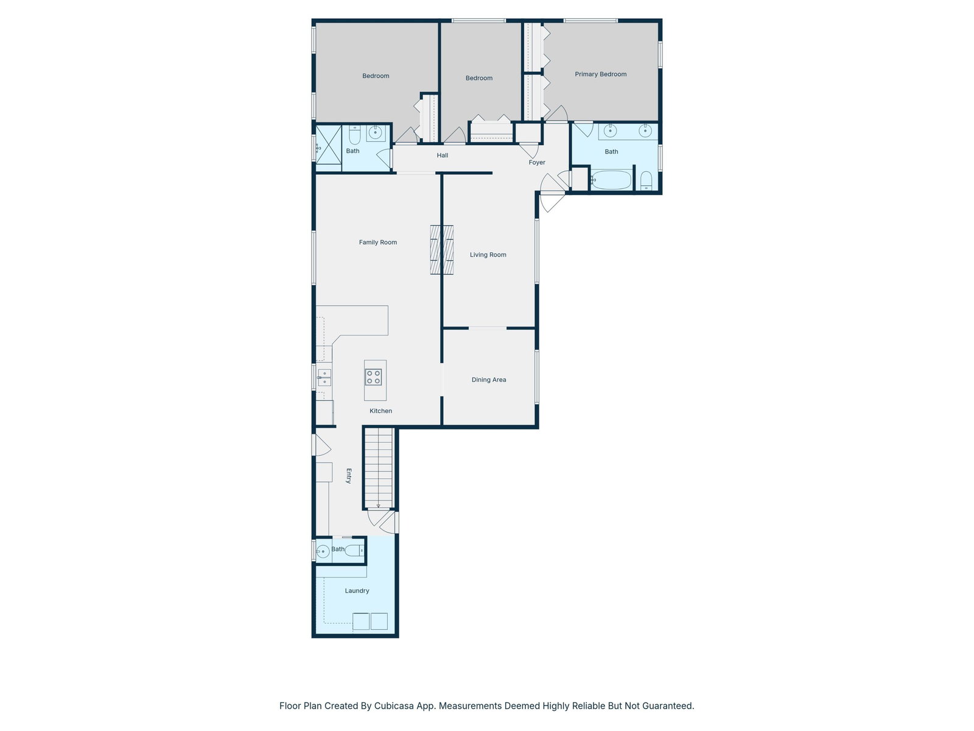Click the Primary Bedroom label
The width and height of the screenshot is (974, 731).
tap(600, 74)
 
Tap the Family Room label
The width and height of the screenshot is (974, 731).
tap(377, 242)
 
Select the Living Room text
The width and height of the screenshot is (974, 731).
tap(488, 255)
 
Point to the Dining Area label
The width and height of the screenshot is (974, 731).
tap(489, 380)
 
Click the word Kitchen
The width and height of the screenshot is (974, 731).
tap(380, 411)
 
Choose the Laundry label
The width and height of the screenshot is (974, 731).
tap(357, 591)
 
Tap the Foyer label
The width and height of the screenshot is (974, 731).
tap(537, 163)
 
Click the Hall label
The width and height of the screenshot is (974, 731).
tap(443, 155)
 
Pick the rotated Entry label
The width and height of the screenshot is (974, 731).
tap(349, 476)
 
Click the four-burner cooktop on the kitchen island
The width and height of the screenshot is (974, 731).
tap(373, 377)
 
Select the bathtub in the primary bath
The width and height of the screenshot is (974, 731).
tap(611, 180)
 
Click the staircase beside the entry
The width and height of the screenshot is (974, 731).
tap(379, 468)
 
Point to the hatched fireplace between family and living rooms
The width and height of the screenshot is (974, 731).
tap(441, 250)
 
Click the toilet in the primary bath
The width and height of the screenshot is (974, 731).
tap(646, 181)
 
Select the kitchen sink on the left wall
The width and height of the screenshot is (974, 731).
tap(324, 377)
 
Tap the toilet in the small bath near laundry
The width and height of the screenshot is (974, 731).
tap(354, 551)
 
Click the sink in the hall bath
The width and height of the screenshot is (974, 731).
tap(376, 132)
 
